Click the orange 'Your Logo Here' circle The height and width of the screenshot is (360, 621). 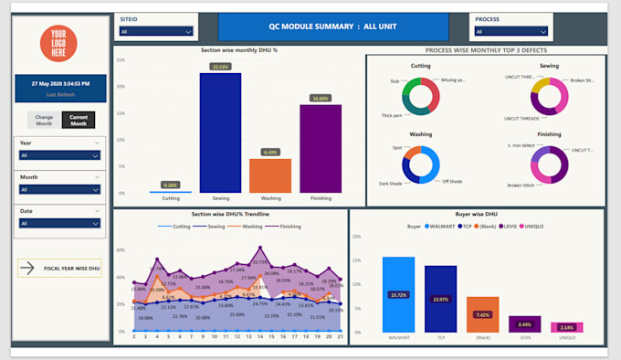pos(58,43)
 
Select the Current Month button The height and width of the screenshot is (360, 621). pos(78,120)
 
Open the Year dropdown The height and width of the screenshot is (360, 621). pos(59,155)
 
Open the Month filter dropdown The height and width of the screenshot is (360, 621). pos(59,189)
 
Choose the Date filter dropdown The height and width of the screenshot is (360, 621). pos(59,223)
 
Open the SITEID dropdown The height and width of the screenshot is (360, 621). pos(155,31)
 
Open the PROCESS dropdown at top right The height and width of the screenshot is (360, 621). pos(512,31)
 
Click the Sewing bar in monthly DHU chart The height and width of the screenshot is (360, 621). pos(220,132)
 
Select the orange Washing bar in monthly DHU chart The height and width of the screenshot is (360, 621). pos(269,175)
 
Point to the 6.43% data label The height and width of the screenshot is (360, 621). pos(269,153)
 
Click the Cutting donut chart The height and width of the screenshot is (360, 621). pos(421,96)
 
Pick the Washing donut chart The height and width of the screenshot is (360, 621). pos(421,165)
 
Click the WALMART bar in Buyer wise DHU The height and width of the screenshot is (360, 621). pos(398,294)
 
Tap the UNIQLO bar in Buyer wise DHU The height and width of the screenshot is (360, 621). pos(567,327)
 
